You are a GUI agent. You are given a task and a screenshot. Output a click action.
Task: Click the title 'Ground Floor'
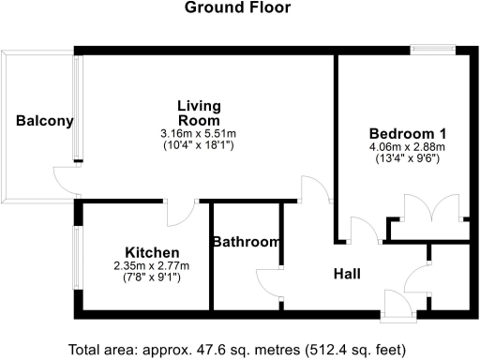237,8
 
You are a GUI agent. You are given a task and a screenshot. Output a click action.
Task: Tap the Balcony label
44,121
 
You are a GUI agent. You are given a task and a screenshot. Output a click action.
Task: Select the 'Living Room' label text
199,112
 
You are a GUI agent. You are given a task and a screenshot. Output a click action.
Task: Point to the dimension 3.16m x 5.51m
199,134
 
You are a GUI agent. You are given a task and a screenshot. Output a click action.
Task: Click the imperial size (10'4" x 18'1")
199,145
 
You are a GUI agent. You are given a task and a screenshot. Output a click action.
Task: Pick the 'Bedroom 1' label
406,132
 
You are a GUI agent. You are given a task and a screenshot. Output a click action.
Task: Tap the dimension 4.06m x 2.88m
406,147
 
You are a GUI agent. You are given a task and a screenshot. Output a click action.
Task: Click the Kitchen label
152,252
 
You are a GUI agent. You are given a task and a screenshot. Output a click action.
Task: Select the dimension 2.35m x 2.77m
152,265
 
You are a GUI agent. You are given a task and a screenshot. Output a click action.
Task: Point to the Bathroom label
246,243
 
